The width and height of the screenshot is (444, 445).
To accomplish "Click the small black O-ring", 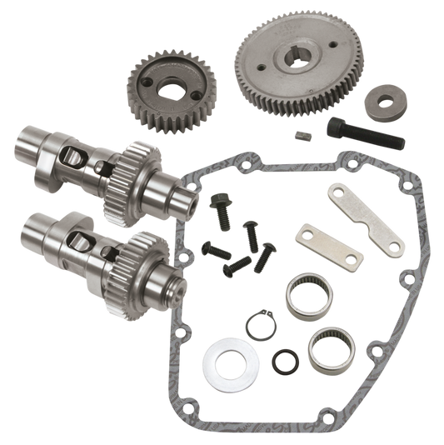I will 287,361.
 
